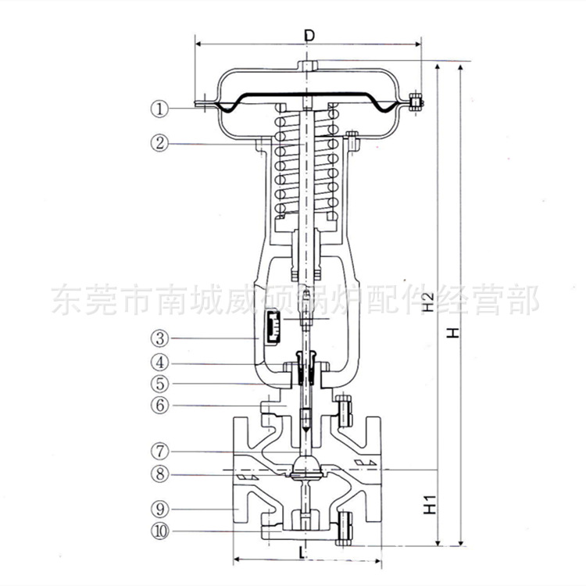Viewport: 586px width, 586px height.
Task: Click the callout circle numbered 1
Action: (160, 109)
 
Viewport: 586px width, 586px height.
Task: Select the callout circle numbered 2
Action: (160, 143)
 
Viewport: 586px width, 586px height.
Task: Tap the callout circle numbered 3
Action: (160, 338)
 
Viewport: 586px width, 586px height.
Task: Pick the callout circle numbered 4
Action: (160, 363)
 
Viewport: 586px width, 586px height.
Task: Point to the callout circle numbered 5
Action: (160, 384)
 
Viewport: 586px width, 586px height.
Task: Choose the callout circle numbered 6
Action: (160, 405)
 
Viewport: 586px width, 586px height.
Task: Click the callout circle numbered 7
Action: (160, 452)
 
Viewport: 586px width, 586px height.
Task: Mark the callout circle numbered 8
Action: (160, 473)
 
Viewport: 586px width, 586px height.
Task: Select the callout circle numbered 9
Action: (160, 509)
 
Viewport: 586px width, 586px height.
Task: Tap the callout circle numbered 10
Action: (160, 531)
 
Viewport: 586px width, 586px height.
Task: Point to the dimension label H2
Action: (428, 302)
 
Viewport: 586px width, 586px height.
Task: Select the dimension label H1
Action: (428, 506)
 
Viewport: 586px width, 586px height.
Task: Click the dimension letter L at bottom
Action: (302, 551)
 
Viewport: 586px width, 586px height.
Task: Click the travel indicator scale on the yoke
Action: (273, 325)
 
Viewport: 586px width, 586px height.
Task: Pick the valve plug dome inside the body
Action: (306, 466)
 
